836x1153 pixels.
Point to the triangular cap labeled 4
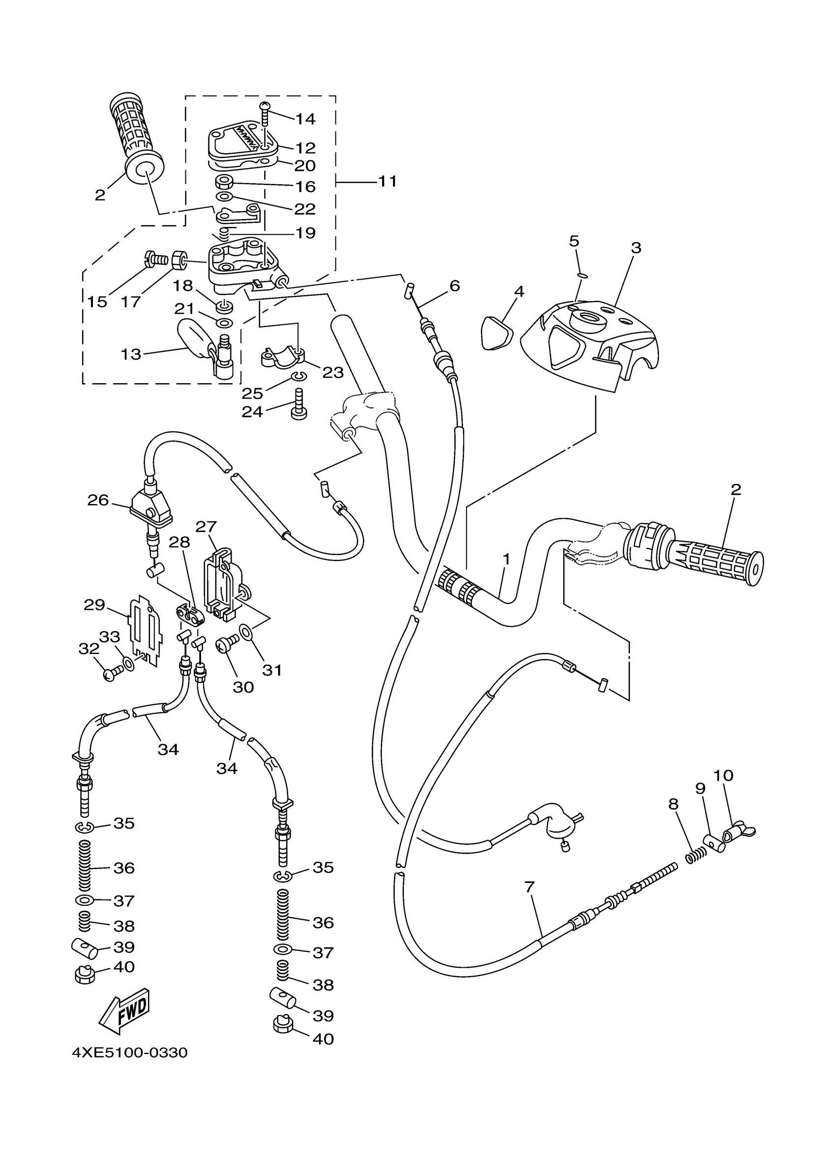(496, 333)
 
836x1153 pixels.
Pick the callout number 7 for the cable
(529, 887)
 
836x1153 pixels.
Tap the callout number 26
(98, 500)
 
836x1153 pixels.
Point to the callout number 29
(94, 605)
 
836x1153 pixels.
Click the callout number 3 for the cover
(635, 248)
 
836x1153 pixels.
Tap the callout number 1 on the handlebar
(506, 559)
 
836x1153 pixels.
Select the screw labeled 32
(112, 674)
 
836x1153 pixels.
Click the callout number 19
(305, 233)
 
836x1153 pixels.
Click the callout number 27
(206, 527)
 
